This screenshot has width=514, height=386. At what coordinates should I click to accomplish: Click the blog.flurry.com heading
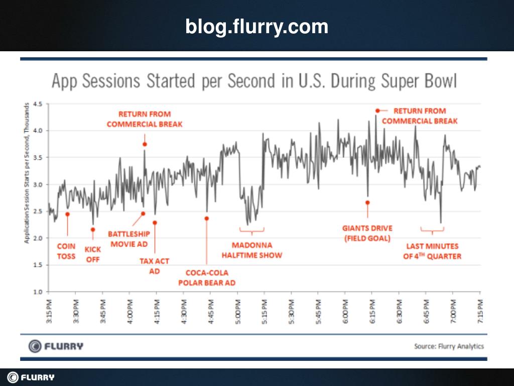click(256, 26)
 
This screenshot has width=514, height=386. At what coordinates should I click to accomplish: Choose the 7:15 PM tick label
click(480, 313)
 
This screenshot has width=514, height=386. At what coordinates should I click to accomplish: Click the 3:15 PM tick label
click(49, 313)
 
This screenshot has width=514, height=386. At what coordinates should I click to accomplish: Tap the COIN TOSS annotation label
click(66, 251)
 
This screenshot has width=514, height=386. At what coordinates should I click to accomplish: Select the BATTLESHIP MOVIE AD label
click(129, 239)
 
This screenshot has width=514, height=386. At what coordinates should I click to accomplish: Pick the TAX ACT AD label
click(154, 266)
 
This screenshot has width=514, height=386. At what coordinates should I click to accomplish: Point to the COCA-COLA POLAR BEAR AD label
click(207, 277)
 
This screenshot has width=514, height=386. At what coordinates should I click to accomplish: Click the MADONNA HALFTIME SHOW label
click(252, 250)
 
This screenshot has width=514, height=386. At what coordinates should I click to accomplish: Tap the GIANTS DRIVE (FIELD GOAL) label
click(367, 233)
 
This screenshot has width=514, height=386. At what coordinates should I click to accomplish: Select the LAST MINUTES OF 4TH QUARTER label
click(432, 251)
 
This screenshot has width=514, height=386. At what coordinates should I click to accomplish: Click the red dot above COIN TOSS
click(67, 214)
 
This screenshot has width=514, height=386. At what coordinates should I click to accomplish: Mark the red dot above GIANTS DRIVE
click(367, 203)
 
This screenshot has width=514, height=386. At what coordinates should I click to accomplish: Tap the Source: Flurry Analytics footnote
click(449, 346)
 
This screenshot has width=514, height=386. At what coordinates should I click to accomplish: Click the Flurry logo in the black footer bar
click(31, 377)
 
